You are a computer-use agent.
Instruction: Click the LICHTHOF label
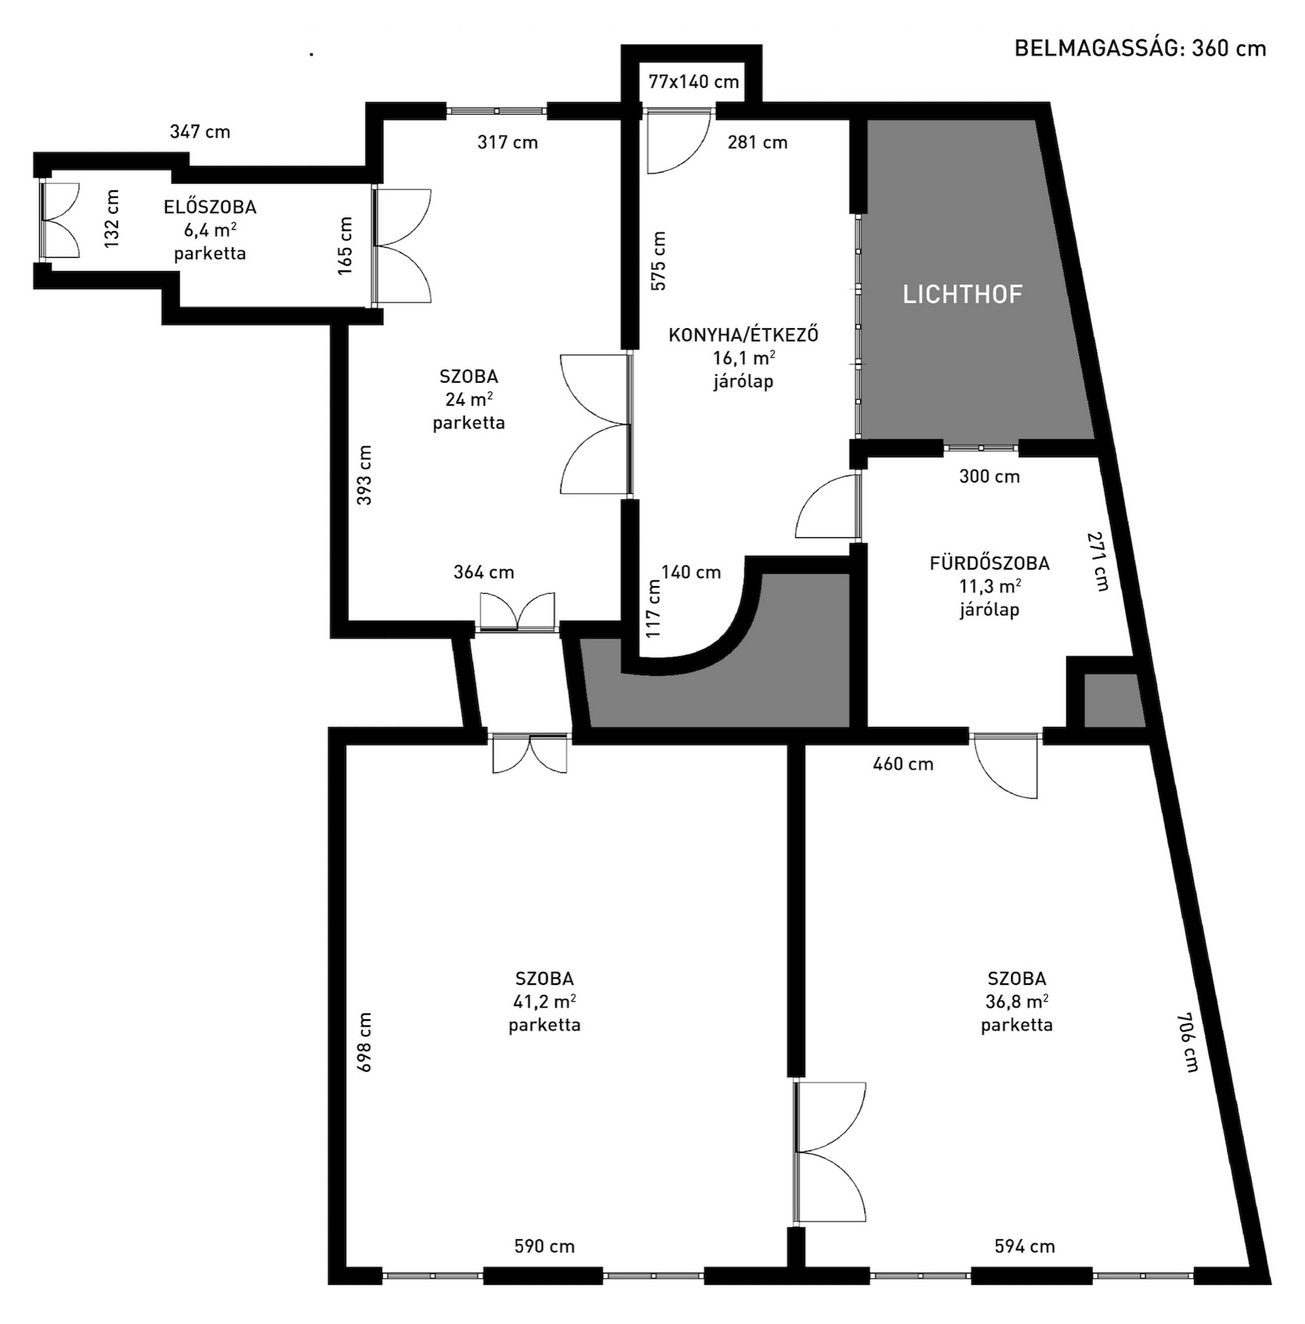[962, 294]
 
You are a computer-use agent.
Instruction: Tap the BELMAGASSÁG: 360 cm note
[1140, 48]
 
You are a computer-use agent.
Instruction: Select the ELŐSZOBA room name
[210, 206]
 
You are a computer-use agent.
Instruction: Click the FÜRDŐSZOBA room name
[990, 563]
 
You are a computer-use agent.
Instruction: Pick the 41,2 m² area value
[544, 1001]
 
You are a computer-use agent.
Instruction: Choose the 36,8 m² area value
[1017, 1001]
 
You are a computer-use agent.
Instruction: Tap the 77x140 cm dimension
[694, 81]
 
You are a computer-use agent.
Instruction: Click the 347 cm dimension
[200, 131]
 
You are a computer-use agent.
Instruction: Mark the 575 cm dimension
[658, 261]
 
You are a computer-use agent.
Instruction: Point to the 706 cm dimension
[1188, 1042]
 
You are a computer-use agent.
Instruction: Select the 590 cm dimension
[544, 1246]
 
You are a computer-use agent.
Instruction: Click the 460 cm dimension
[903, 763]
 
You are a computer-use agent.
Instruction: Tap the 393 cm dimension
[364, 475]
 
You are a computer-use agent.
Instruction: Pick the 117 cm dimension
[653, 608]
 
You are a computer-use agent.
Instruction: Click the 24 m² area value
[469, 399]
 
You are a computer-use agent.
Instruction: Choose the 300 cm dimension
[989, 476]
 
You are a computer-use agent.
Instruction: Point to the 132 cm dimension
[112, 219]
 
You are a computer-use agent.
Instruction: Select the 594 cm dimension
[1024, 1246]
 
